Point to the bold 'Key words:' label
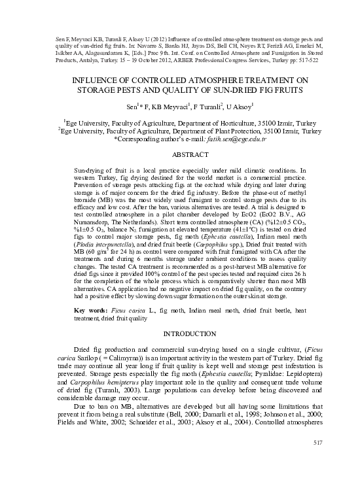(x=90, y=309)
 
